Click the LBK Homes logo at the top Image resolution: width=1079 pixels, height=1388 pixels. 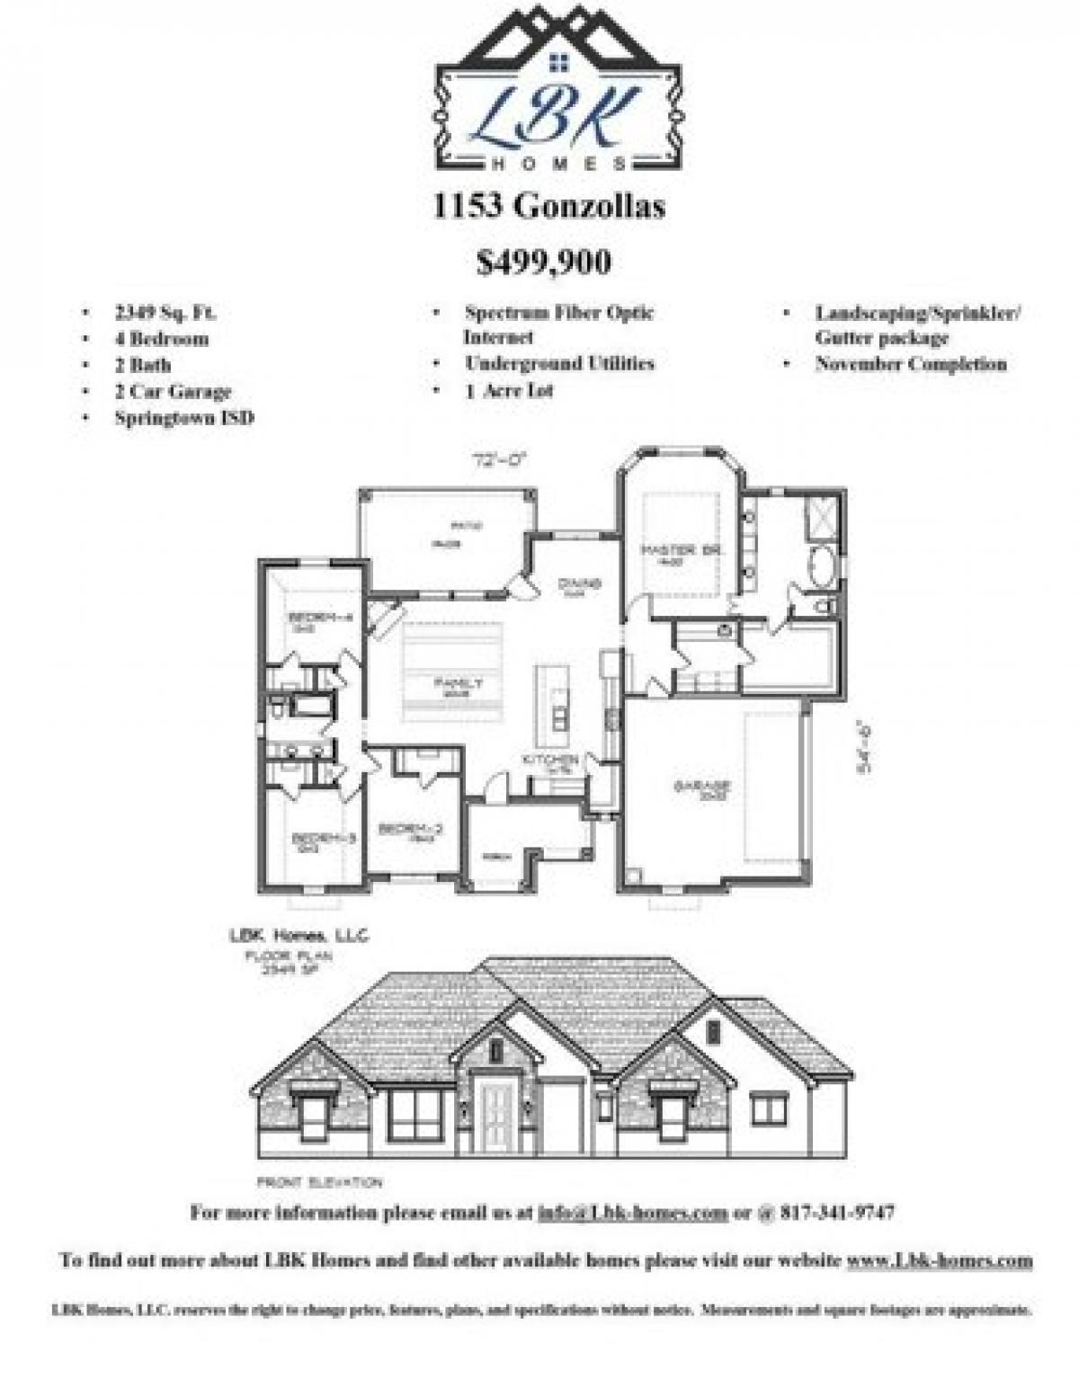pyautogui.click(x=557, y=90)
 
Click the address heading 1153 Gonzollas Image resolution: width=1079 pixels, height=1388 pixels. pyautogui.click(x=548, y=207)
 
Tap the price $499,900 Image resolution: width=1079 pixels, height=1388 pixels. pyautogui.click(x=544, y=262)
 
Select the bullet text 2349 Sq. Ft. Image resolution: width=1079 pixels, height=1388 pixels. pyautogui.click(x=165, y=313)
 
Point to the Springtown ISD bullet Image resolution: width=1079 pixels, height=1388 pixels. pyautogui.click(x=183, y=417)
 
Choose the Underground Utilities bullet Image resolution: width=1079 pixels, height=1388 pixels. pyautogui.click(x=559, y=363)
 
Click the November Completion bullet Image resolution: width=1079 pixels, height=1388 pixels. pyautogui.click(x=911, y=364)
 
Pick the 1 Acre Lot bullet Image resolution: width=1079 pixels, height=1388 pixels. pyautogui.click(x=509, y=390)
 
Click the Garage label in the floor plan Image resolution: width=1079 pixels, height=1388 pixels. pyautogui.click(x=702, y=787)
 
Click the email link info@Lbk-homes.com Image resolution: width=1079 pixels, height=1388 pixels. pyautogui.click(x=632, y=1213)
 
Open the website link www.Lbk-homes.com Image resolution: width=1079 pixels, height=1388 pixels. pyautogui.click(x=939, y=1259)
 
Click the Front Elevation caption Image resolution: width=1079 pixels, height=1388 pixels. pyautogui.click(x=319, y=1182)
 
